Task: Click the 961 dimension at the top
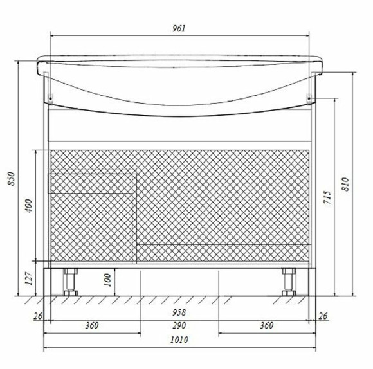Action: [x=179, y=28]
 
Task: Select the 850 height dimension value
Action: [x=12, y=178]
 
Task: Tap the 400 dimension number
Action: [x=29, y=206]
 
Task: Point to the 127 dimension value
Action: [x=29, y=278]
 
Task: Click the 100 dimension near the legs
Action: [x=108, y=280]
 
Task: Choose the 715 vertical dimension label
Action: [x=327, y=197]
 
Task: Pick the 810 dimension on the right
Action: [x=345, y=184]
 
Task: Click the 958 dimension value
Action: [x=179, y=312]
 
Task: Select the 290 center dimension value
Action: [x=179, y=325]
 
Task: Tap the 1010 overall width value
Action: [x=179, y=340]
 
